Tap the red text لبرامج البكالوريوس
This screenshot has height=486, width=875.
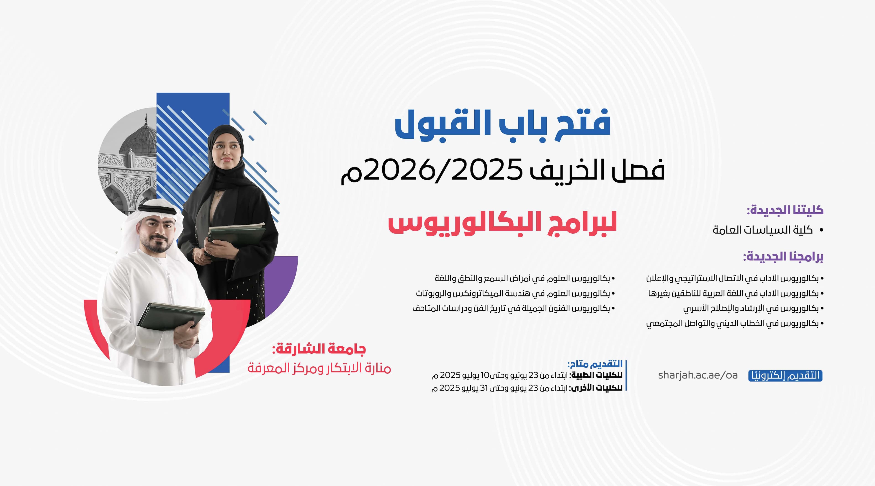coord(502,224)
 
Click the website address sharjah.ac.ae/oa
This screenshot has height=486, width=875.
coord(698,375)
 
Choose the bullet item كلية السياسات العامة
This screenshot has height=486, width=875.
coord(768,230)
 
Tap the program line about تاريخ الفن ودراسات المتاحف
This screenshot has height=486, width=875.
coord(514,308)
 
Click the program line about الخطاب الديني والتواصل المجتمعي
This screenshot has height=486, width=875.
coord(735,324)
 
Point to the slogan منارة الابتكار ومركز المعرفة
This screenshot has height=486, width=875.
coord(319,368)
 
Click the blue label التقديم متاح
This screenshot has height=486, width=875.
coord(595,364)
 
